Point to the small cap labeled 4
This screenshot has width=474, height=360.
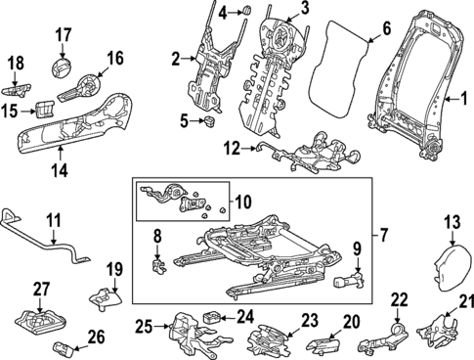(x=247, y=12)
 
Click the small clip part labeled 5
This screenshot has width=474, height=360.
(x=209, y=122)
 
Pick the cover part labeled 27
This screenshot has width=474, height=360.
(x=37, y=321)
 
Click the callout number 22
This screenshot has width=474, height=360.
(x=399, y=299)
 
